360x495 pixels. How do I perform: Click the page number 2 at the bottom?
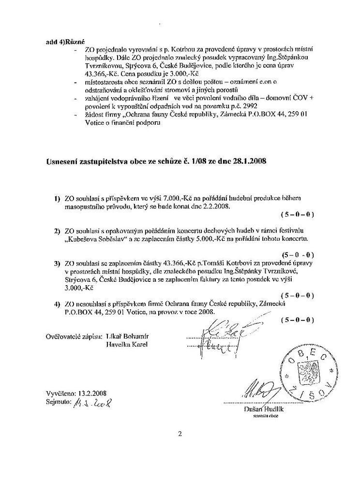click(x=180, y=434)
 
